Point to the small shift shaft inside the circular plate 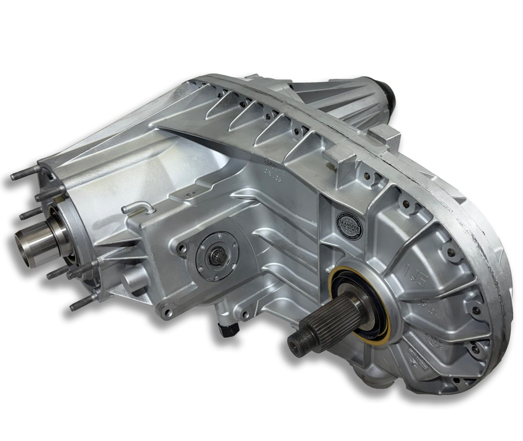click(x=215, y=258)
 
